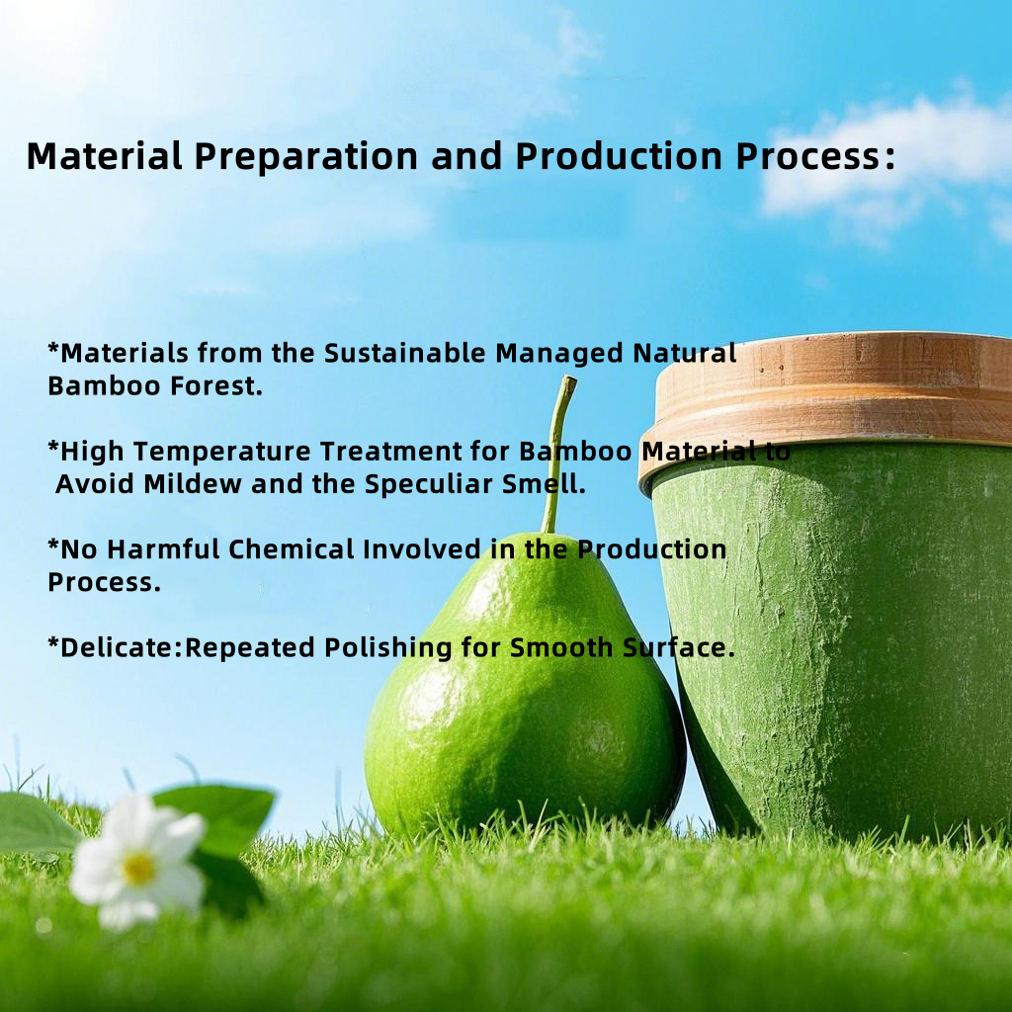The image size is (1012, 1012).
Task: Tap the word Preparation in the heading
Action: pos(306,157)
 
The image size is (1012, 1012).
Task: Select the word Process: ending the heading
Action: pos(815,157)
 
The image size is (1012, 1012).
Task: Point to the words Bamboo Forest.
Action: pos(155,386)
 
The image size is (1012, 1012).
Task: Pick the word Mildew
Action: pos(193,484)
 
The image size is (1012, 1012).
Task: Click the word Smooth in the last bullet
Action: pos(561,648)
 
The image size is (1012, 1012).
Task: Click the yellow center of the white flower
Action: pos(138,868)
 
